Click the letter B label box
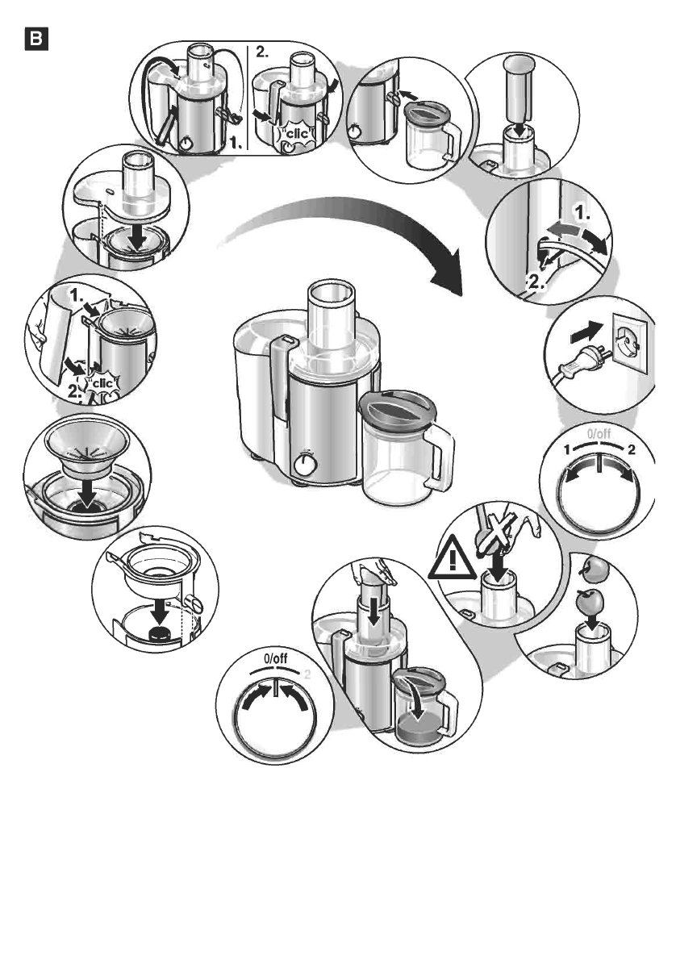coord(38,38)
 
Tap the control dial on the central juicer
coord(304,465)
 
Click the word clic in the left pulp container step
coord(102,383)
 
